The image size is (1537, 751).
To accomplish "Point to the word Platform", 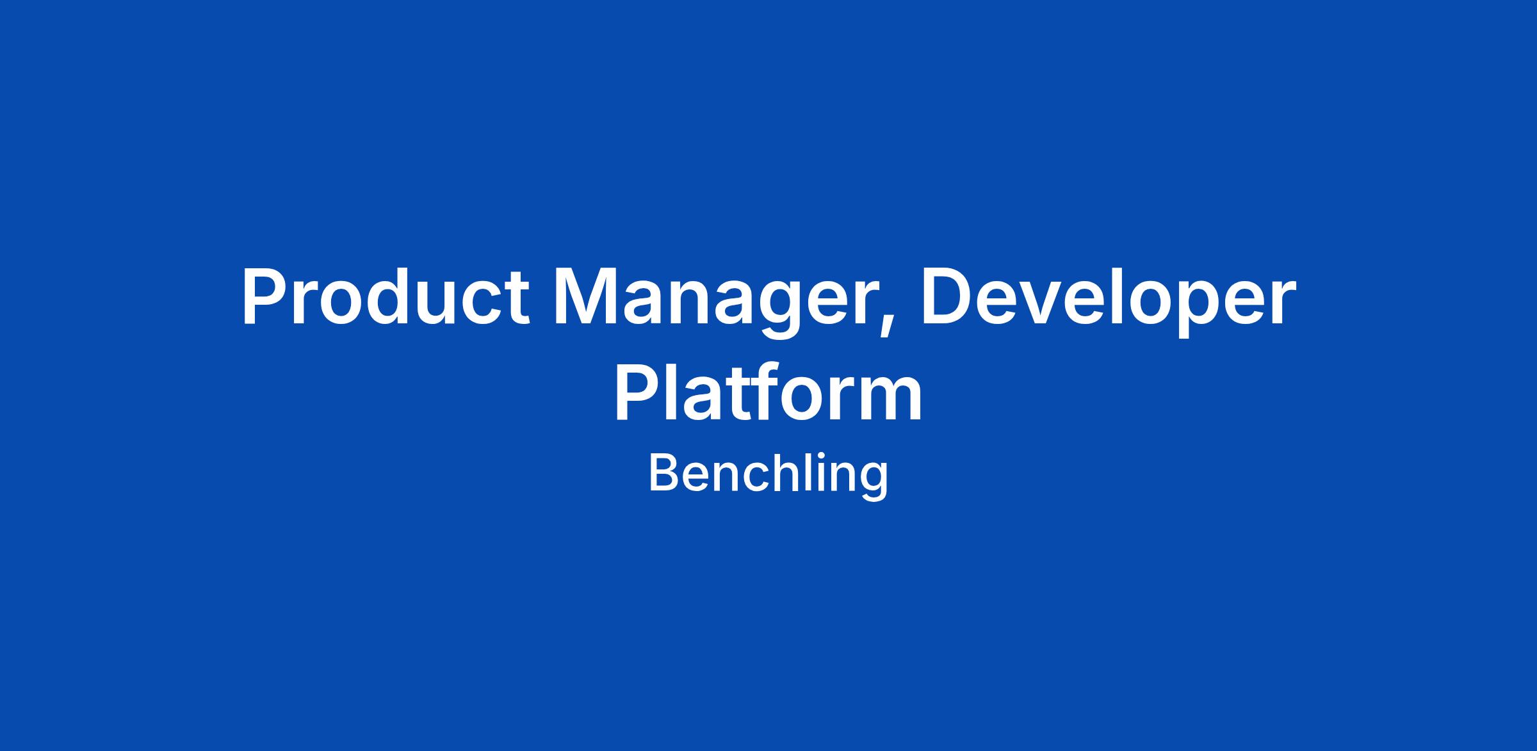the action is tap(768, 391).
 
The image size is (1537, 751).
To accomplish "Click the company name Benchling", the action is tap(768, 476).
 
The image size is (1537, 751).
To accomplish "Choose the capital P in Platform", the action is tap(638, 391).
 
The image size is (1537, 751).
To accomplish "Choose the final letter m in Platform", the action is tap(890, 398).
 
